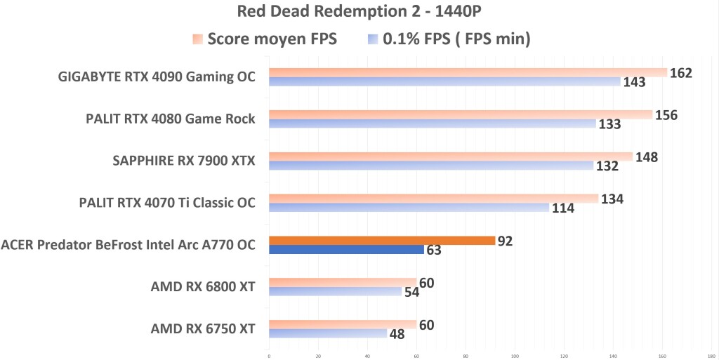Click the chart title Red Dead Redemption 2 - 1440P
point(359,11)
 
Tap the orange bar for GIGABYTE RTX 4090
point(468,72)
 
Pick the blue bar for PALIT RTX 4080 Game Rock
point(432,124)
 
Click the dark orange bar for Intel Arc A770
point(382,241)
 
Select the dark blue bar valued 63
point(346,250)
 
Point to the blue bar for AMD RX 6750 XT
point(328,333)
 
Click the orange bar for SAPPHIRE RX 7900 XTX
point(451,156)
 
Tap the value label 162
point(681,73)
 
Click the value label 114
point(563,208)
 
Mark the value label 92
point(505,241)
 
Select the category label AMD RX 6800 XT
point(202,286)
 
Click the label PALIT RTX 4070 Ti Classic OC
point(167,203)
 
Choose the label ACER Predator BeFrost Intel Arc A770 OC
point(128,245)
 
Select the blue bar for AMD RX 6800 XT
point(335,291)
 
